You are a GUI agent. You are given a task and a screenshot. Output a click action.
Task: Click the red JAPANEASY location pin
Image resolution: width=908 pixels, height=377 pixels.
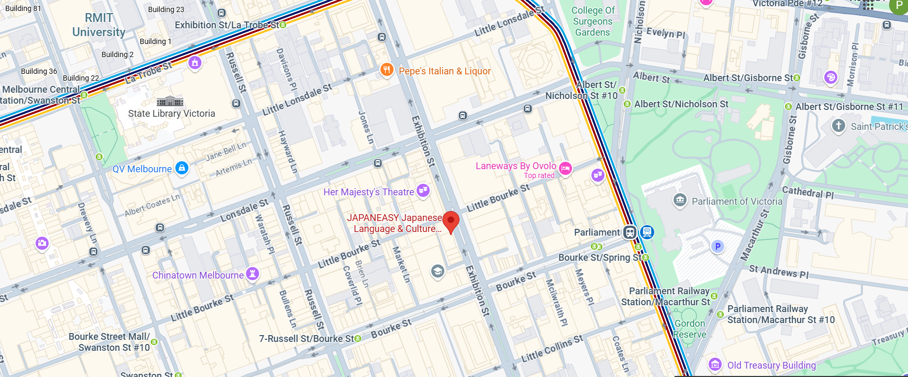(x=451, y=221)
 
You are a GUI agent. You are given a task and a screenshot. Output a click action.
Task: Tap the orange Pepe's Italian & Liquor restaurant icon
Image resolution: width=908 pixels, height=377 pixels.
(x=386, y=70)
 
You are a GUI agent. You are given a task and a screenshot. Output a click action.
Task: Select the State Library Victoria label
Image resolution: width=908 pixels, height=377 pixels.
(x=172, y=114)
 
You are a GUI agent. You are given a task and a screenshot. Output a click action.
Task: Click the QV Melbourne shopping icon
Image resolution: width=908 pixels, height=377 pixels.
(x=182, y=168)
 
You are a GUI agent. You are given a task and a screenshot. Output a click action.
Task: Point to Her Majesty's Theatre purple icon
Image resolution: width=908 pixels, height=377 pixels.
(x=423, y=191)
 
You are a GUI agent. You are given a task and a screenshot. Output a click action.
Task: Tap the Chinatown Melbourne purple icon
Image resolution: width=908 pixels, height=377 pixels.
(x=253, y=274)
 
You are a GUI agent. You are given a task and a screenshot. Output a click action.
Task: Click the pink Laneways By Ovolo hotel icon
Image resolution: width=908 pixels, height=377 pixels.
(x=565, y=168)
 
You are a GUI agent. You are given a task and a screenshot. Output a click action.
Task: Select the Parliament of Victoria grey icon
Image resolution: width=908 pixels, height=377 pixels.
(x=680, y=200)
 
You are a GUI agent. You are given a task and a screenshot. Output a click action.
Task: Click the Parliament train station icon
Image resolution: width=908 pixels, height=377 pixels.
(x=630, y=232)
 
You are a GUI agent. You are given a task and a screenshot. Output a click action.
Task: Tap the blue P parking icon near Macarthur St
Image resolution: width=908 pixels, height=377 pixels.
(x=718, y=246)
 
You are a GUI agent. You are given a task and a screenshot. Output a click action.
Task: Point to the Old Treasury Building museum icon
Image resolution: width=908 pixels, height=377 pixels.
(x=715, y=364)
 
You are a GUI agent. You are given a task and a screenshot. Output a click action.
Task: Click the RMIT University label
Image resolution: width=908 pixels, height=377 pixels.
(x=99, y=25)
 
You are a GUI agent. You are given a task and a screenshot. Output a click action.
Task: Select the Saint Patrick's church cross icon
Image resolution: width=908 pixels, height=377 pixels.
(x=838, y=126)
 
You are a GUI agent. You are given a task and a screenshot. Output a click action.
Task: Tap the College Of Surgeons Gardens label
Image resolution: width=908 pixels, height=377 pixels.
(x=592, y=21)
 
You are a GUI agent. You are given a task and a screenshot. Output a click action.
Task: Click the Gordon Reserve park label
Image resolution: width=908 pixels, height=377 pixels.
(x=690, y=329)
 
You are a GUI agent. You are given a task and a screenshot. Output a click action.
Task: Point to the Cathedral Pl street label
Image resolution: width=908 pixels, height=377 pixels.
(x=807, y=192)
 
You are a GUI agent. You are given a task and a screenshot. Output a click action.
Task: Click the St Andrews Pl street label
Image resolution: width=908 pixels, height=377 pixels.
(x=778, y=271)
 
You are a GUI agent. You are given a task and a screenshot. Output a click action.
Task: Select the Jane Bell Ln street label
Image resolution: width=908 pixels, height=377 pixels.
(x=226, y=151)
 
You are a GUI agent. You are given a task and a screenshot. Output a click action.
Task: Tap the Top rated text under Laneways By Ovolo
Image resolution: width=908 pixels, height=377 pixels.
(x=539, y=175)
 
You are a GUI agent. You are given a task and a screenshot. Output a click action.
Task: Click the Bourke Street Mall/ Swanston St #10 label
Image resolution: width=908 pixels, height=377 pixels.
(x=109, y=342)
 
